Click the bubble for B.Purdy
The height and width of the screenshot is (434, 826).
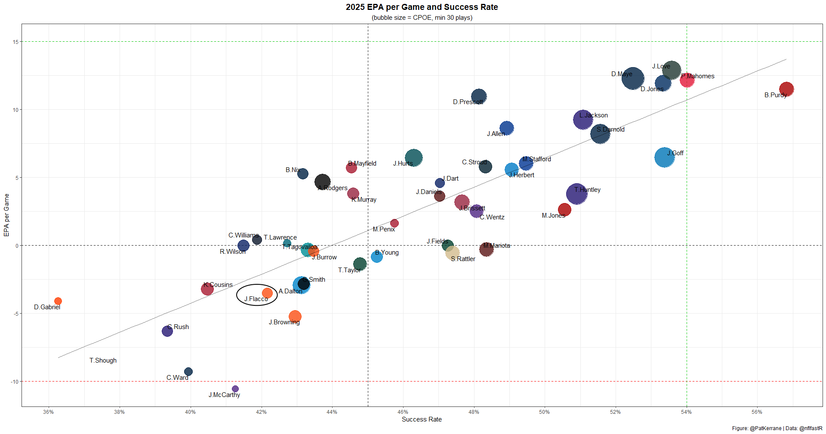(x=786, y=89)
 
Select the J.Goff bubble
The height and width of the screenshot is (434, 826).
(x=664, y=157)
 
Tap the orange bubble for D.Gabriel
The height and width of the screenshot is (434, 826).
(x=58, y=301)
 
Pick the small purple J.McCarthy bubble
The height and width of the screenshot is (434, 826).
(x=235, y=389)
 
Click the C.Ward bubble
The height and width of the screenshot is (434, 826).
(x=188, y=372)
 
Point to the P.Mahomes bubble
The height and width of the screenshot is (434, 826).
(x=687, y=80)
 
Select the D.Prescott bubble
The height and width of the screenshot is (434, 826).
(x=478, y=96)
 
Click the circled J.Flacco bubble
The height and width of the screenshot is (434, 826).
(x=267, y=293)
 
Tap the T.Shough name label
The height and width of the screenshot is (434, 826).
(x=103, y=360)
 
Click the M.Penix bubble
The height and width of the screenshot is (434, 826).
(x=394, y=223)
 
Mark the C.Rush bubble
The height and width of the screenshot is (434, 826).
(x=167, y=331)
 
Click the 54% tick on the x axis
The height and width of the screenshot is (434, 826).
(x=686, y=412)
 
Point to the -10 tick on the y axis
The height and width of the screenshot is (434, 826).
(x=15, y=382)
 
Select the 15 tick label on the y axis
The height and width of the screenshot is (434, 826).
(x=15, y=42)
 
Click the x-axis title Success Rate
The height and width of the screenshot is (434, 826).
(x=422, y=419)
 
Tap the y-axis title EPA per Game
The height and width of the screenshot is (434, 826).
(x=6, y=215)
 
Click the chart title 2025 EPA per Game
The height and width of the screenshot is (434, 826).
(x=422, y=7)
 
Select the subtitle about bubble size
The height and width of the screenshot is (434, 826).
(x=422, y=18)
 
